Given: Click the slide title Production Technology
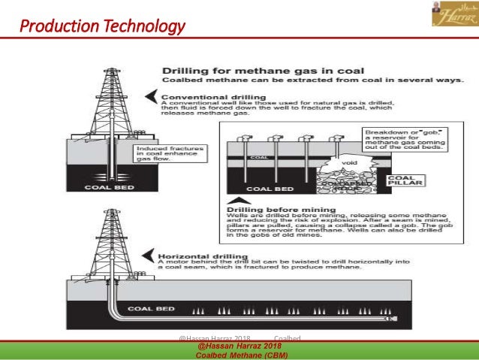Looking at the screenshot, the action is point(102,29).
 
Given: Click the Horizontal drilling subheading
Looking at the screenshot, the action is point(199,253).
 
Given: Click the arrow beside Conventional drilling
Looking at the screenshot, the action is point(152,96).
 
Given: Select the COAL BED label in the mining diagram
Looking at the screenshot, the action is point(270,188).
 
